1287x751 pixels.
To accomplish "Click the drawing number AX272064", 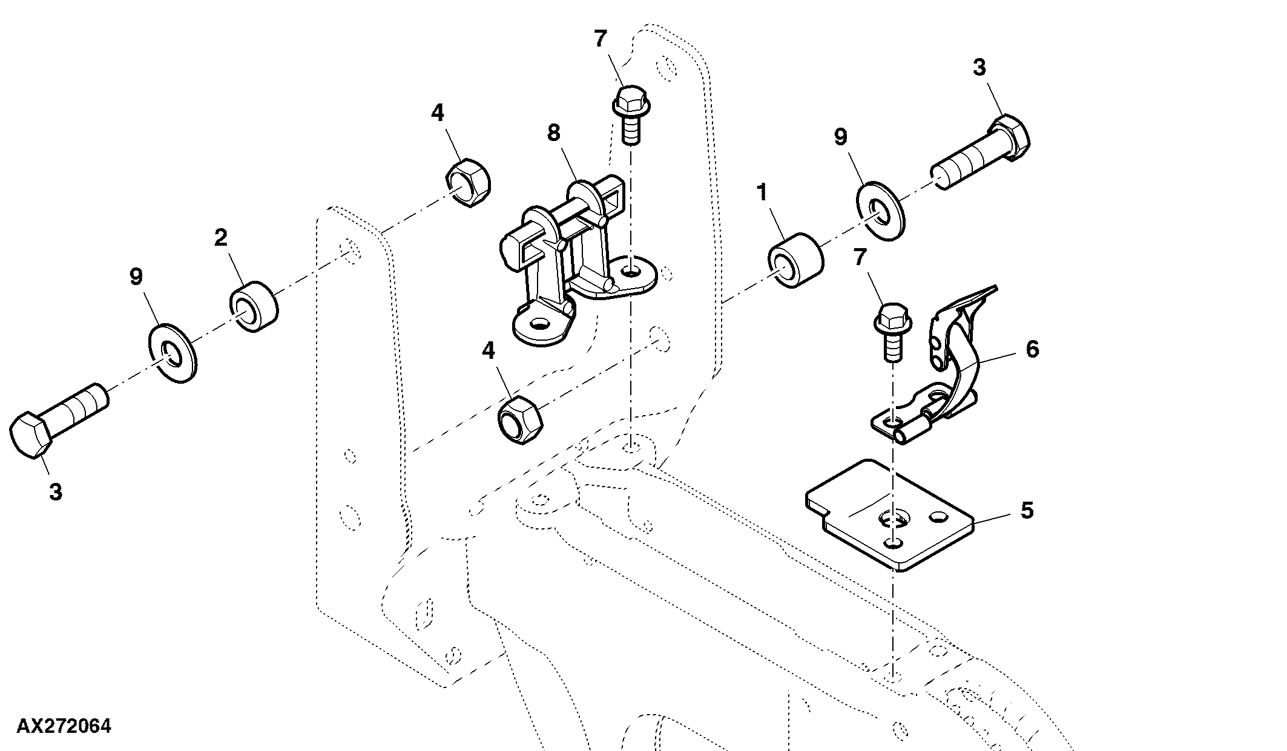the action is click(x=64, y=726).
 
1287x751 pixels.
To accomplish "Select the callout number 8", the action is click(x=553, y=133).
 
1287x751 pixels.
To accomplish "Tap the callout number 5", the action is click(x=1027, y=510).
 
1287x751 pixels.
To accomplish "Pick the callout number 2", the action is click(x=220, y=238).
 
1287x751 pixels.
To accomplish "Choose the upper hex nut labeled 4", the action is click(x=469, y=183).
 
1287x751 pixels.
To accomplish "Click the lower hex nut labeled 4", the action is click(x=520, y=419).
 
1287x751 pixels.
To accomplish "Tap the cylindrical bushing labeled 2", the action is click(x=253, y=306).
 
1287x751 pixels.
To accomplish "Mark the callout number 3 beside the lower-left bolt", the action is click(x=55, y=491).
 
